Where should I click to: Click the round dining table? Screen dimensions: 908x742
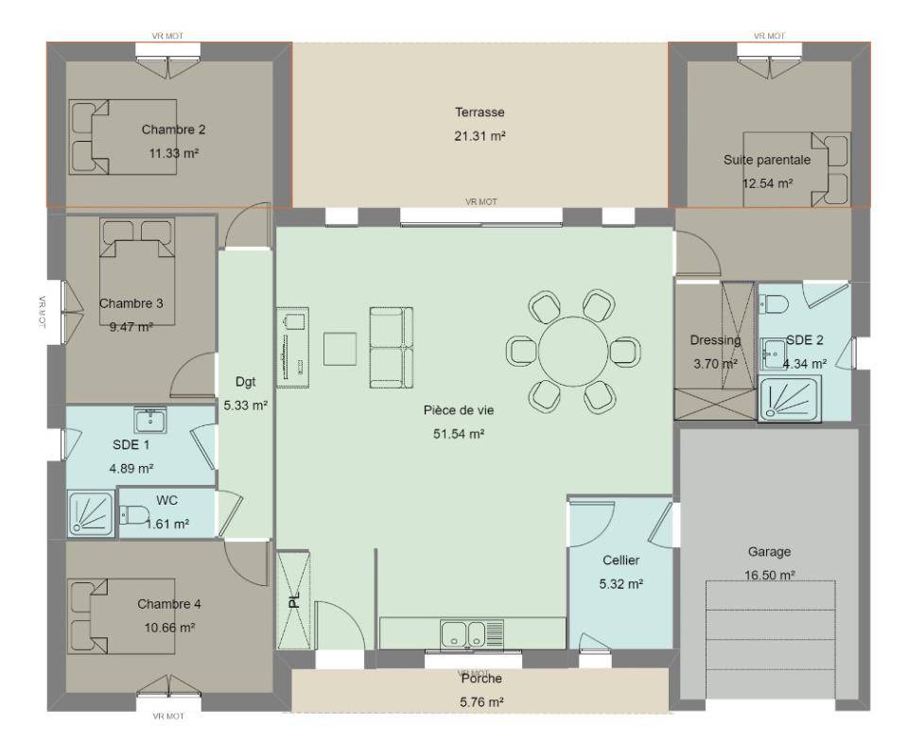click(x=574, y=352)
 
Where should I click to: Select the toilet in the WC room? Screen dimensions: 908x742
click(x=133, y=514)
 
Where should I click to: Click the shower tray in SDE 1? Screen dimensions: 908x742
click(x=92, y=513)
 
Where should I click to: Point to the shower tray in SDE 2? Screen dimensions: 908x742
click(x=789, y=399)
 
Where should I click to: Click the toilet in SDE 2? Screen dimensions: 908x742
click(x=773, y=302)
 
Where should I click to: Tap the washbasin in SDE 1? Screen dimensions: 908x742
click(x=150, y=420)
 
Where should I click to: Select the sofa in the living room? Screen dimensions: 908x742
click(x=392, y=347)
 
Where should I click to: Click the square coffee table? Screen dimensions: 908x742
click(x=340, y=349)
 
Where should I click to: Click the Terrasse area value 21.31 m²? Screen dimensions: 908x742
click(x=480, y=137)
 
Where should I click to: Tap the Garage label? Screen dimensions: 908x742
click(x=769, y=552)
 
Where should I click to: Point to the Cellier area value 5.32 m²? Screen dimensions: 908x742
click(x=620, y=584)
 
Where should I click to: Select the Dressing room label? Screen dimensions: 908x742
click(x=715, y=340)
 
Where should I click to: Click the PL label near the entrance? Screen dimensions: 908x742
click(x=295, y=599)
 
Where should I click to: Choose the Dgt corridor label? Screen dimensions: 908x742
click(x=246, y=382)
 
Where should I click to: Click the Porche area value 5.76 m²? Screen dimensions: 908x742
click(x=481, y=702)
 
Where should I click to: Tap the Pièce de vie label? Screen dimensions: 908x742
click(x=459, y=410)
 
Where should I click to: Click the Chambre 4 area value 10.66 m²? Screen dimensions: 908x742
click(x=169, y=628)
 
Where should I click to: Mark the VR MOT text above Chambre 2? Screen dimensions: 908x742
click(x=168, y=36)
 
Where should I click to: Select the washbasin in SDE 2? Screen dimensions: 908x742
click(x=773, y=354)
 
